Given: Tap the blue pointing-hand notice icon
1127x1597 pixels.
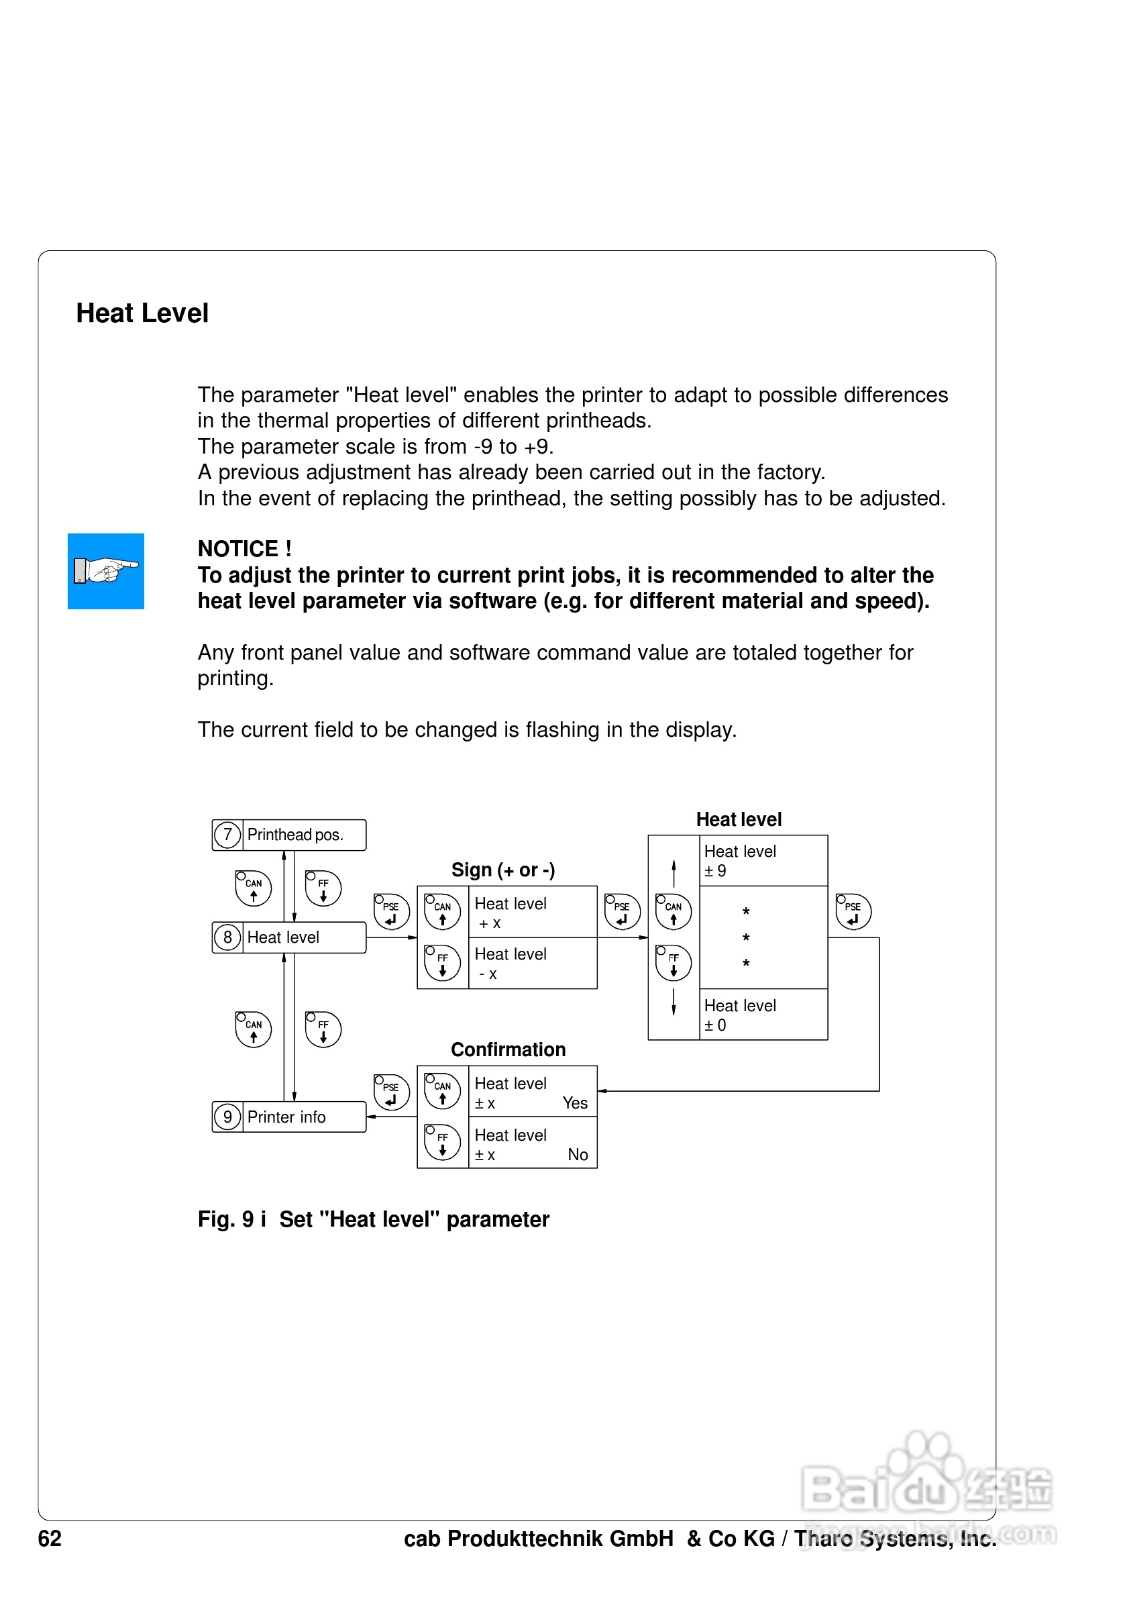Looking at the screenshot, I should pyautogui.click(x=106, y=571).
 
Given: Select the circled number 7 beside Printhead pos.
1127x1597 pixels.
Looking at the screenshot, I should pyautogui.click(x=227, y=835).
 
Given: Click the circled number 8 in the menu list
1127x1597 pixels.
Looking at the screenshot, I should pyautogui.click(x=227, y=937).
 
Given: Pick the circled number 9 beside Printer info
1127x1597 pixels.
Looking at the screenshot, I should pyautogui.click(x=227, y=1117).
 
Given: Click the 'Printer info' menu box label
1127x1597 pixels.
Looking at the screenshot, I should pyautogui.click(x=286, y=1117).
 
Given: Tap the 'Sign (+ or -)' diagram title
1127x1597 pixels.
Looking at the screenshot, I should pyautogui.click(x=502, y=870).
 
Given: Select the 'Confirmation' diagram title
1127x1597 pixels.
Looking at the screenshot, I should pyautogui.click(x=508, y=1049).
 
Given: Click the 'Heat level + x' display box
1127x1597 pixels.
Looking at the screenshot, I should pyautogui.click(x=532, y=913).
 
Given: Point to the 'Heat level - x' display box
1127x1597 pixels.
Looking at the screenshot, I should pyautogui.click(x=532, y=964).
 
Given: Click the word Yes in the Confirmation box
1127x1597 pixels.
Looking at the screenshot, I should pyautogui.click(x=575, y=1103).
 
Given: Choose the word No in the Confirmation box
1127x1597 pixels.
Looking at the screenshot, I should pyautogui.click(x=578, y=1155).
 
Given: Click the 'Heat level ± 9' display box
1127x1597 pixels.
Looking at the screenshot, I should pyautogui.click(x=762, y=860).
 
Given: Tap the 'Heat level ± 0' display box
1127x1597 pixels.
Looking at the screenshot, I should pyautogui.click(x=762, y=1015).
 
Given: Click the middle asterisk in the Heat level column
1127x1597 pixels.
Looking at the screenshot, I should pyautogui.click(x=746, y=938).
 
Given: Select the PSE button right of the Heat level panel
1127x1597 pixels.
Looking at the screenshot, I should pyautogui.click(x=853, y=912).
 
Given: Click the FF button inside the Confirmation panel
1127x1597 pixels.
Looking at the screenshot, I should pyautogui.click(x=443, y=1142).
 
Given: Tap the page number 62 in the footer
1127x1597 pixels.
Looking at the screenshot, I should pyautogui.click(x=50, y=1538).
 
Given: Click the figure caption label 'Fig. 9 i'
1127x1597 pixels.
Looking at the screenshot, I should pyautogui.click(x=231, y=1219).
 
